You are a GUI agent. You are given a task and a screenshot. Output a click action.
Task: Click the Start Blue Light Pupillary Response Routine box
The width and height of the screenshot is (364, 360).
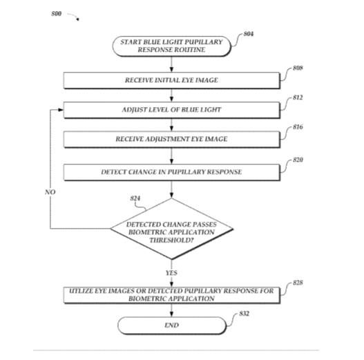[x=171, y=46]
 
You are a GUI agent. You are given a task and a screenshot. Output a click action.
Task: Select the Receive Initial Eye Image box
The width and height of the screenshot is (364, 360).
[x=172, y=80]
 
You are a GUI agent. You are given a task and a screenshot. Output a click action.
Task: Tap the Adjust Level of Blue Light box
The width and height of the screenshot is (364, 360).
[x=172, y=110]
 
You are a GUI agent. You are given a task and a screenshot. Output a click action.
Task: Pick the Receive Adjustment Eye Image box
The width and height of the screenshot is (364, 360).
[x=172, y=140]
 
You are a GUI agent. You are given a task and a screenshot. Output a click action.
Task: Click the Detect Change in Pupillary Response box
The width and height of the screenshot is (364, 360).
[x=172, y=172]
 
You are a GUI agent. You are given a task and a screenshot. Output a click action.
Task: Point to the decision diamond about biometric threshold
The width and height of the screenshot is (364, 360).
[x=171, y=229]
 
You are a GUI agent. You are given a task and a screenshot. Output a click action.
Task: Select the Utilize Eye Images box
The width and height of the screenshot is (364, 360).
[x=172, y=295]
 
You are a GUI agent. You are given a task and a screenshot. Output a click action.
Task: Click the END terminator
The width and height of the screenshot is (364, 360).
[x=172, y=325]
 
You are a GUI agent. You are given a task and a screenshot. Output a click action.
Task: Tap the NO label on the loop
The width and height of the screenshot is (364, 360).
[x=50, y=192]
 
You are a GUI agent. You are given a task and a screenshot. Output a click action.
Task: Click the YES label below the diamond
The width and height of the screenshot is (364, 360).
[x=171, y=273]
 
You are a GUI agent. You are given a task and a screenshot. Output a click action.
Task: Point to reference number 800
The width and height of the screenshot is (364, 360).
[x=57, y=14]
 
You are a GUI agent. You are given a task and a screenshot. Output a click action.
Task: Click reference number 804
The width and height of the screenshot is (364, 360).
[x=249, y=34]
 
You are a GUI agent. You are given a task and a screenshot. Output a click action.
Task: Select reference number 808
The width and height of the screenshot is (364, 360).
[x=298, y=68]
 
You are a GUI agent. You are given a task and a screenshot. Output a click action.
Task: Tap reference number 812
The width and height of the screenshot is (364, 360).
[x=298, y=97]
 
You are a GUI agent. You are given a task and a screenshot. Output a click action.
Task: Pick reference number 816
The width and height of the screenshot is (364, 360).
[x=298, y=127]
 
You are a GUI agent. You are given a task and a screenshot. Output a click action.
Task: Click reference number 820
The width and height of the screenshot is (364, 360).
[x=298, y=160]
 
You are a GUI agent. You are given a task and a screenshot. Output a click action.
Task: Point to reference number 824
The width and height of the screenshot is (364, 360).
[x=135, y=198]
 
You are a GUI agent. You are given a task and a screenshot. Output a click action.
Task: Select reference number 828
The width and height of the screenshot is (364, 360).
[x=298, y=283]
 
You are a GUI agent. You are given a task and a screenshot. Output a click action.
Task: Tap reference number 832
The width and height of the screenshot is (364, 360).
[x=245, y=314]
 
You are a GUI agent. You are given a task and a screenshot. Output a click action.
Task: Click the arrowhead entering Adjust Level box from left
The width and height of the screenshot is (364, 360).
[x=61, y=110]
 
